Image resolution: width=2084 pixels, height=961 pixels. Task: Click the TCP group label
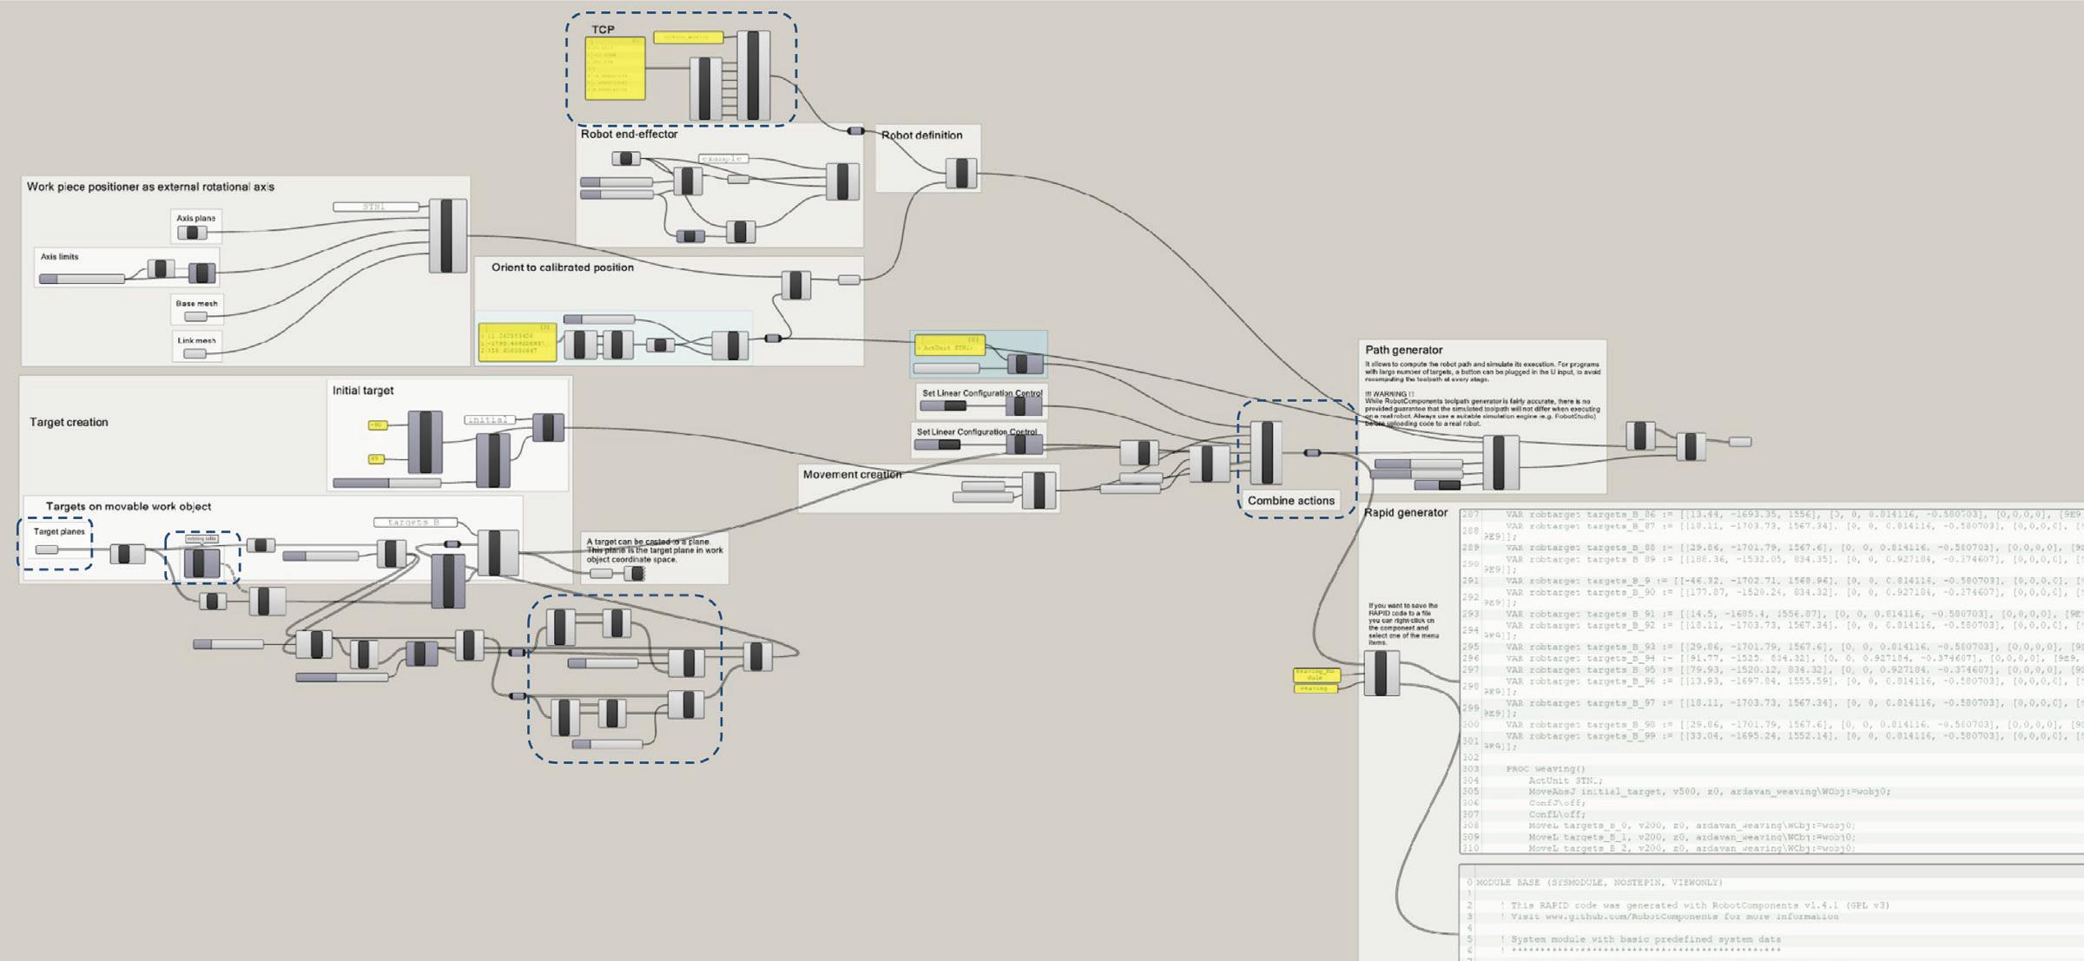603,30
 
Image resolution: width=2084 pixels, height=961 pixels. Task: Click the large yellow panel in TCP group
615,69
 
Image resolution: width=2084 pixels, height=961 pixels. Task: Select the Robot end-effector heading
629,135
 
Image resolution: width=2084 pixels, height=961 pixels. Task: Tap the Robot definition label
921,135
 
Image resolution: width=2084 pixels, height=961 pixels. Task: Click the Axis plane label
195,219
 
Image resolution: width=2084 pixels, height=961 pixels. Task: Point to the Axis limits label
59,257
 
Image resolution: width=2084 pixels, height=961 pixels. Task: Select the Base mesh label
196,304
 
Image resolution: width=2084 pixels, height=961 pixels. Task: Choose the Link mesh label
196,340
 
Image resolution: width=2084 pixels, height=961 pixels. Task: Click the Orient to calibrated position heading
562,267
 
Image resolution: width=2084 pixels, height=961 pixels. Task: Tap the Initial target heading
362,391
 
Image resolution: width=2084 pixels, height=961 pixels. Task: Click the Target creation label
69,423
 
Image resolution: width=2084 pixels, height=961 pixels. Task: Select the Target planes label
59,531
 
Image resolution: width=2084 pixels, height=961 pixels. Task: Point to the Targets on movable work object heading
128,507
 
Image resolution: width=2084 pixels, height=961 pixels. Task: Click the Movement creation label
852,475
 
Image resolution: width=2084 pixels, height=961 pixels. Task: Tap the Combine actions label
1290,501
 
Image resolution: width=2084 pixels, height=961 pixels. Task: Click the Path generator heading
1403,351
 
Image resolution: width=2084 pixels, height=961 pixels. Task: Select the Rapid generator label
1405,513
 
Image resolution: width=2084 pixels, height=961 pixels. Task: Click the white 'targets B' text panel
415,523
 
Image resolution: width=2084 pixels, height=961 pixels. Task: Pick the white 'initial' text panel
489,420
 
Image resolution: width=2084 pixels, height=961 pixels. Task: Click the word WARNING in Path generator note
1390,394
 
